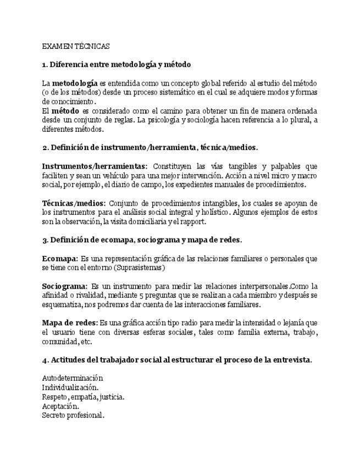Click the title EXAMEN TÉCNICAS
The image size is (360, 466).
point(76,47)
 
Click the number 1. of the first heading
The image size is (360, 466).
point(45,65)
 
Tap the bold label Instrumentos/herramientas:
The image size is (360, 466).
point(95,167)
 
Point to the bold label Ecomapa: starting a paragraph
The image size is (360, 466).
point(59,259)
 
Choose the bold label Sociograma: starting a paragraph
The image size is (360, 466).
point(64,286)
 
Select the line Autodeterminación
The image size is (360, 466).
point(73,378)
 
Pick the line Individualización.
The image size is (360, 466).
point(70,387)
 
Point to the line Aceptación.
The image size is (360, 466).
point(60,406)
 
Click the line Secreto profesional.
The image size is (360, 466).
point(73,415)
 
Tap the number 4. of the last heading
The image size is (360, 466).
point(45,360)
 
